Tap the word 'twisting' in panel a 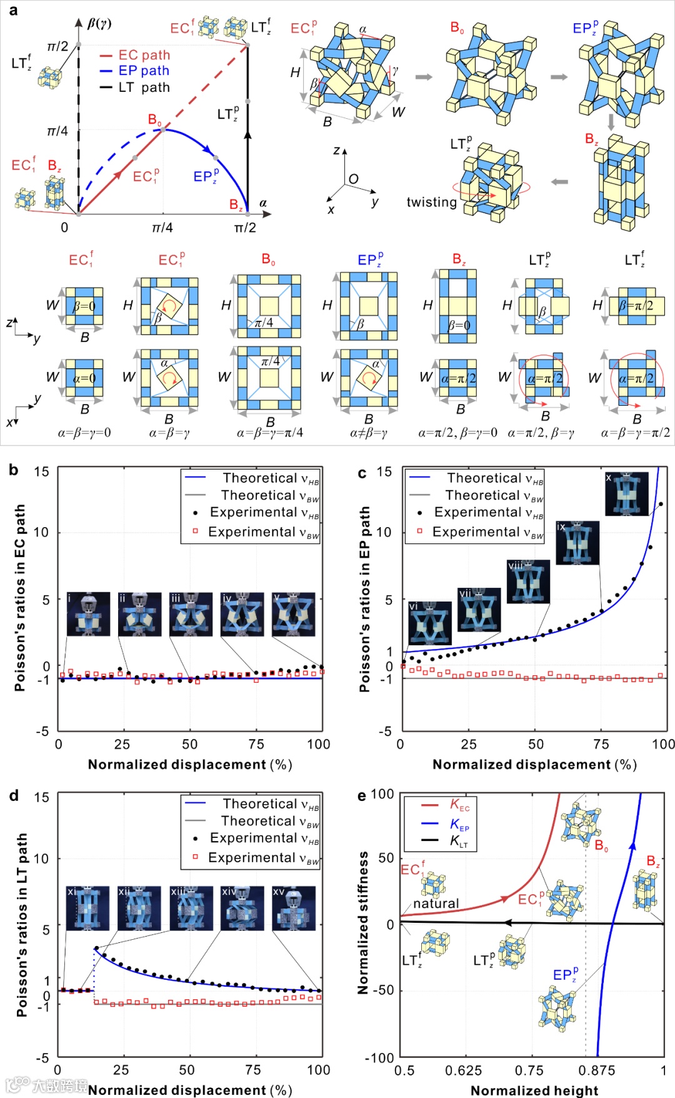(431, 202)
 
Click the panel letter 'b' (14, 470)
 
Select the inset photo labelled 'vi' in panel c (429, 623)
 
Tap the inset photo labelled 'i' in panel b (88, 613)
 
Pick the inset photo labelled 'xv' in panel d (293, 907)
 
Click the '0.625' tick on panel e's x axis (464, 1070)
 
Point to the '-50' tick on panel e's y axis (382, 990)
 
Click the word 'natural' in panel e (436, 904)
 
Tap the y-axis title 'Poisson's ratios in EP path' (364, 598)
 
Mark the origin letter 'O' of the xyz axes (354, 179)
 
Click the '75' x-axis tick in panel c (601, 744)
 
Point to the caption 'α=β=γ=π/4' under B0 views (269, 432)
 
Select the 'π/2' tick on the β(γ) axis (57, 46)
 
